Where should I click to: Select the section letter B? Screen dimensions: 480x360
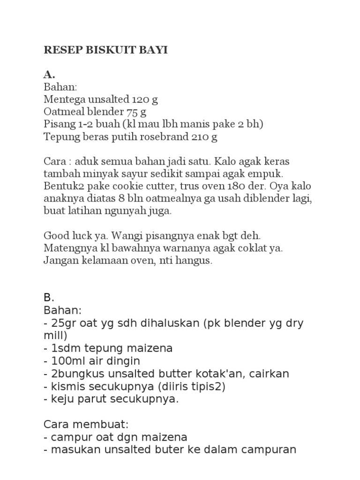click(49, 298)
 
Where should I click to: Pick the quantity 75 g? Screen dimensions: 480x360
click(136, 112)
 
